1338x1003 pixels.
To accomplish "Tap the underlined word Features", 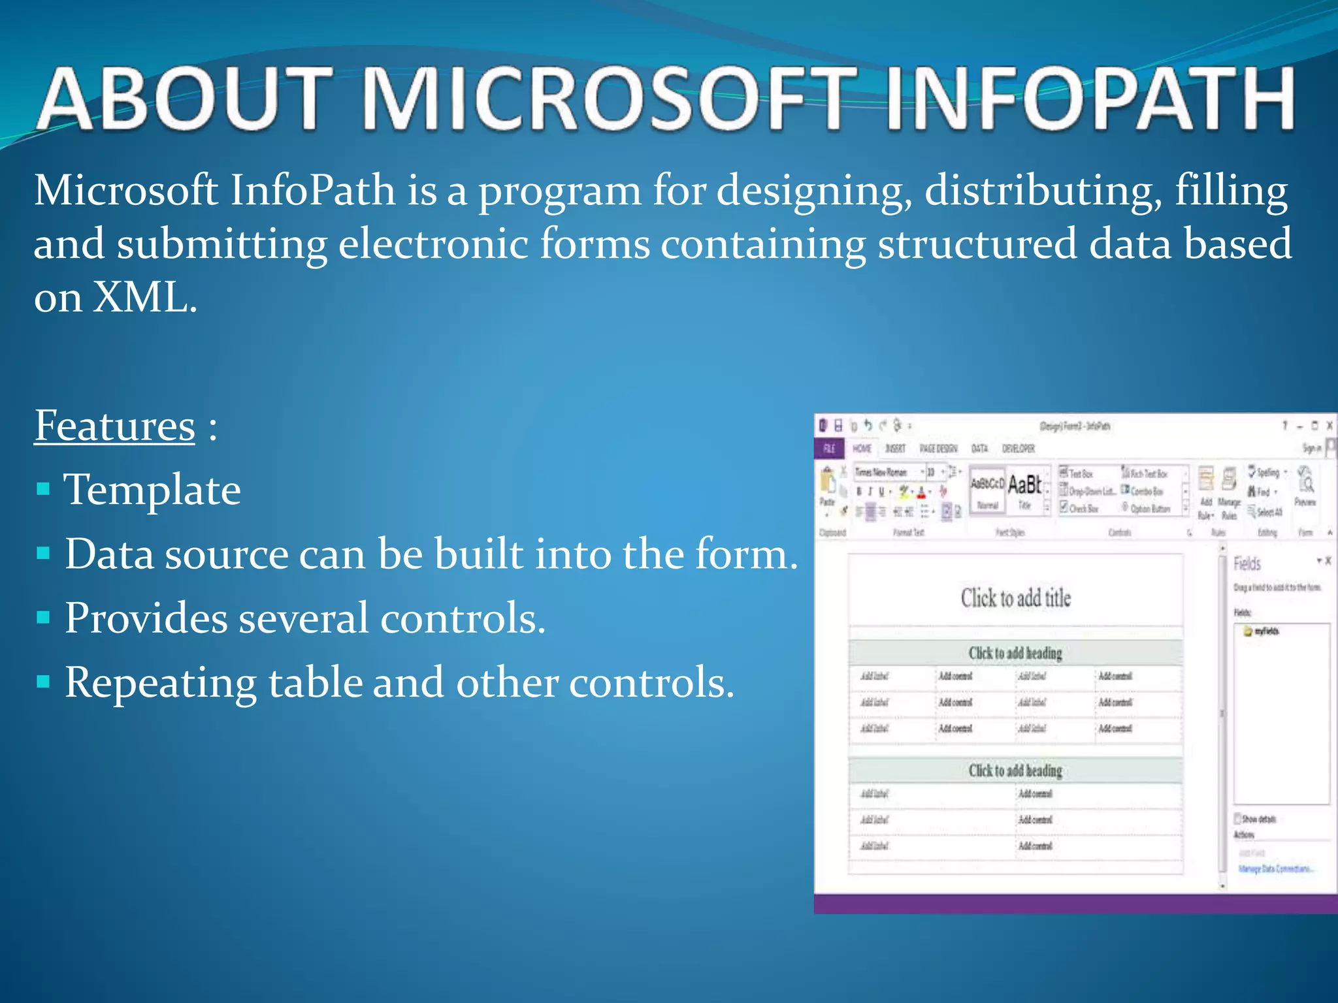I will click(x=114, y=426).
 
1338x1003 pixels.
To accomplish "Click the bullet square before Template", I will click(x=44, y=489).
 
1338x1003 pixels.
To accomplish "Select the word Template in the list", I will click(x=152, y=490).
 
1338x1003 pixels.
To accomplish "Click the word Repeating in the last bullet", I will click(x=160, y=683).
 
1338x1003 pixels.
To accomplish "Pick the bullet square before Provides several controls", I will click(x=44, y=618).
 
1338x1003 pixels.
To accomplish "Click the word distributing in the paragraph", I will click(x=1043, y=191).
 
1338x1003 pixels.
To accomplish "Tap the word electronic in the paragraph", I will click(x=432, y=245).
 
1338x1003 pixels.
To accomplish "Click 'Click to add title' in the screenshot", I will click(x=1015, y=597).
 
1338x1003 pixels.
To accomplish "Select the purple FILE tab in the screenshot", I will click(x=829, y=448).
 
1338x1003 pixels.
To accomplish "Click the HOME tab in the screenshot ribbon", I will click(x=862, y=448).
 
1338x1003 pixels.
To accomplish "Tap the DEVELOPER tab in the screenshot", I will click(x=1018, y=448).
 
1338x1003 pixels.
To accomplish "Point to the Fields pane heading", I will click(x=1247, y=563).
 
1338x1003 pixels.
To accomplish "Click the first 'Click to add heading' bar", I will click(x=1015, y=653).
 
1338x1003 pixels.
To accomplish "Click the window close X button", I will click(x=1329, y=426).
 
